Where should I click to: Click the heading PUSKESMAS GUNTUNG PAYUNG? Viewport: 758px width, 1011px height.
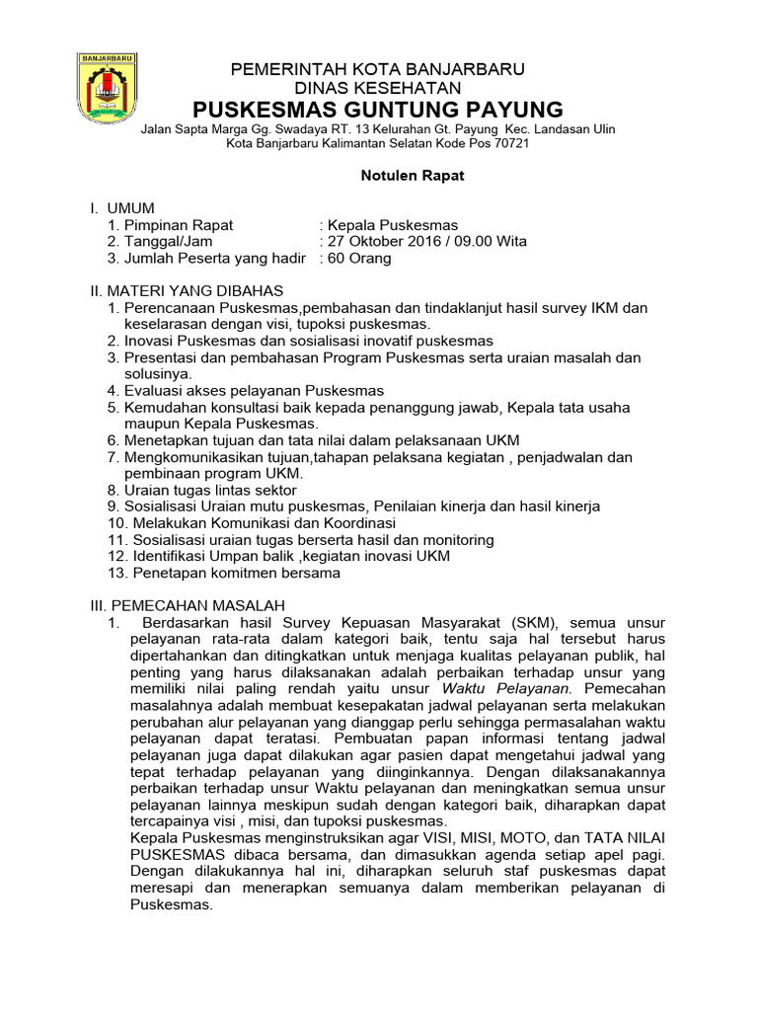378,109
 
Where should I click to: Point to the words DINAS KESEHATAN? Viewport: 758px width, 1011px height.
378,87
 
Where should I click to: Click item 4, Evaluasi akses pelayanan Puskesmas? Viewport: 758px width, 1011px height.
246,391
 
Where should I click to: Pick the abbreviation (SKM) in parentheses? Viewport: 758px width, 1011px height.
535,622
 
